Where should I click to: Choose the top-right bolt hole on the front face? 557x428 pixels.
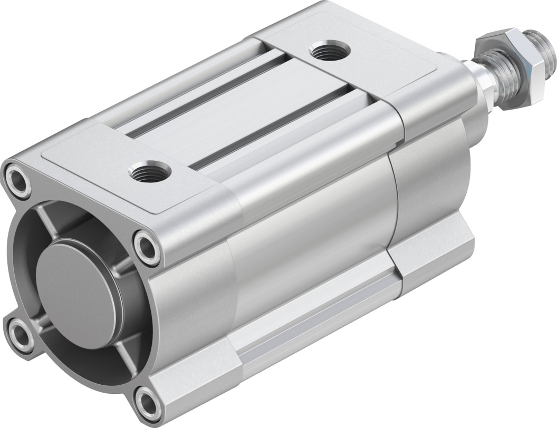tap(147, 247)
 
